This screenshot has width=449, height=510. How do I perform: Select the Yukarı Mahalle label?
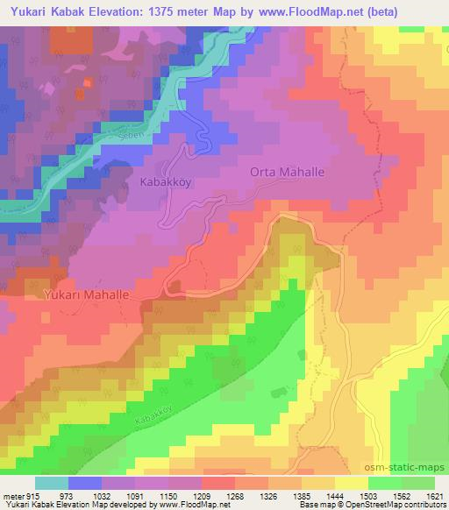click(x=86, y=296)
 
